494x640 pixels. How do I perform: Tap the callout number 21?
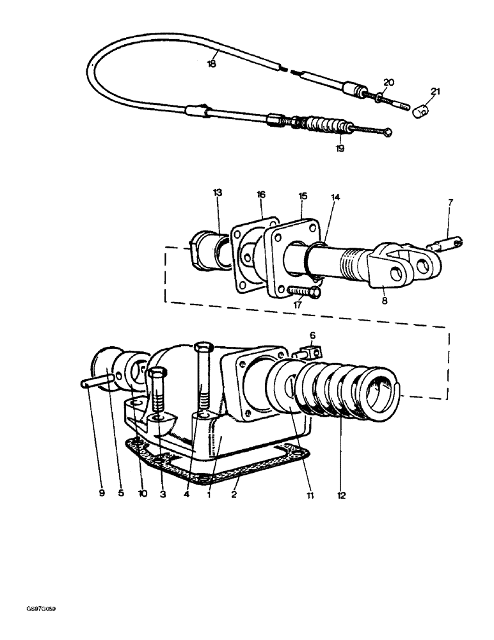coord(435,92)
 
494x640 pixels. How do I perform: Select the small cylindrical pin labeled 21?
coord(419,113)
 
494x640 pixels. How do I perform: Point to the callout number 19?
coord(339,148)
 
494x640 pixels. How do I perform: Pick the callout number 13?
coord(217,192)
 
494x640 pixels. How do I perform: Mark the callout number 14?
coord(335,198)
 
